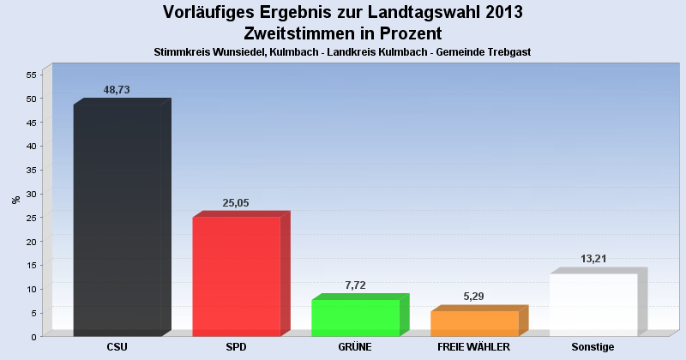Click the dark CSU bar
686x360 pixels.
(x=117, y=220)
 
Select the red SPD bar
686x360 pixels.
(x=237, y=276)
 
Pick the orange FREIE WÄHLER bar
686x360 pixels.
(x=475, y=323)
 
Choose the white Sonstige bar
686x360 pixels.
(x=593, y=304)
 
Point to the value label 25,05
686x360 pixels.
(x=235, y=203)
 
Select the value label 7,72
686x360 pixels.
(x=354, y=285)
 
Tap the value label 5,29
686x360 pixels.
(x=473, y=297)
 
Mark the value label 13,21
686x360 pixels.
(x=593, y=259)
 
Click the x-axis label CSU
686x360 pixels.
(x=117, y=347)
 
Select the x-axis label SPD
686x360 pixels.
(x=237, y=347)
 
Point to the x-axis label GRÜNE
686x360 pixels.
(x=355, y=347)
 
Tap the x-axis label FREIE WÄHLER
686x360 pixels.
(x=474, y=347)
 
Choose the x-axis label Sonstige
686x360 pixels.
(x=593, y=347)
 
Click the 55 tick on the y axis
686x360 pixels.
(x=30, y=75)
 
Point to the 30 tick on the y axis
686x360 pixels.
(x=30, y=194)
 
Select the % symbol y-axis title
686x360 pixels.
(x=15, y=200)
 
